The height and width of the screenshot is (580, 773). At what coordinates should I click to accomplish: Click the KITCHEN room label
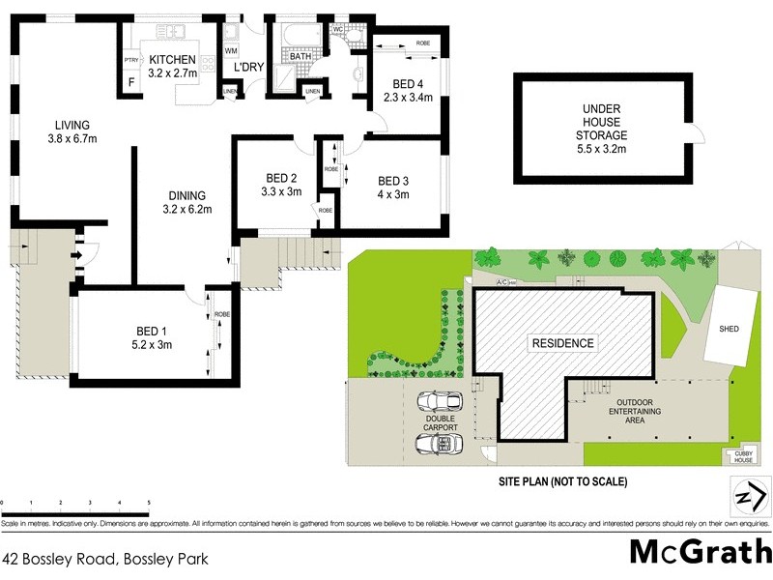[172, 60]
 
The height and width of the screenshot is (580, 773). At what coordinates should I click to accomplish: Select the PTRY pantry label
[131, 61]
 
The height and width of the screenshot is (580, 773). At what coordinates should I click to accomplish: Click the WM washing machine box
[231, 50]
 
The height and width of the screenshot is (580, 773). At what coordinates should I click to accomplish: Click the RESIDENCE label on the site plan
[561, 343]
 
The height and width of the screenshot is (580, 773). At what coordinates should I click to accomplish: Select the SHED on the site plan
[729, 329]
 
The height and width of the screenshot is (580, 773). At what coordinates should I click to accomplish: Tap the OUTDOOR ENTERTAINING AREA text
[634, 411]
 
